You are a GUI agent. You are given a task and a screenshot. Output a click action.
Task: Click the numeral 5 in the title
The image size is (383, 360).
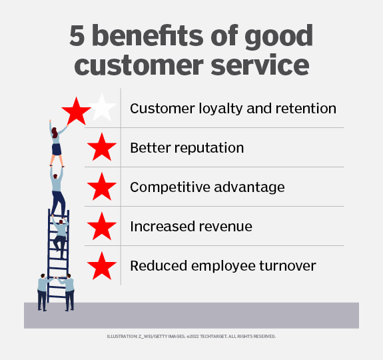tap(77, 36)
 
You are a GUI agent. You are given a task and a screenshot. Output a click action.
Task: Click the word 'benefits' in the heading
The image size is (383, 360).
tap(148, 35)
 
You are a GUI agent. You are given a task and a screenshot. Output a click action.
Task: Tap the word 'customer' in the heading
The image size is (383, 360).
tap(139, 65)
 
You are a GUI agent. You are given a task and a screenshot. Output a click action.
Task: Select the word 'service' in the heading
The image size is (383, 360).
tap(260, 65)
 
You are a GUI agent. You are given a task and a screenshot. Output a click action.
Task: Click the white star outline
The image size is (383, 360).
tap(102, 108)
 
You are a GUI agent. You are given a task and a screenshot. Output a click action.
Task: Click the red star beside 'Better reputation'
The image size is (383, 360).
tap(102, 147)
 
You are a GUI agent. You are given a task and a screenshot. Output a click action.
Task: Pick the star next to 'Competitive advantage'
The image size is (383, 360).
tap(102, 187)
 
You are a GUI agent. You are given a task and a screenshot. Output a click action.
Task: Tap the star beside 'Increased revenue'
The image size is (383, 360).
tap(102, 227)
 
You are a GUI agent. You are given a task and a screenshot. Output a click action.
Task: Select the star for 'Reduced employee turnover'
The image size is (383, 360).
tap(102, 267)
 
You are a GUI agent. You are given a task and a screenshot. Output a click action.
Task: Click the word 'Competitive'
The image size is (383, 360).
tap(170, 187)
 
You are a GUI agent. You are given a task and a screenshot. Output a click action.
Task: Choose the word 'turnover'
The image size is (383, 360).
tap(288, 266)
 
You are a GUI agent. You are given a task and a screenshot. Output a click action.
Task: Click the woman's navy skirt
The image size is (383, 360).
tap(57, 149)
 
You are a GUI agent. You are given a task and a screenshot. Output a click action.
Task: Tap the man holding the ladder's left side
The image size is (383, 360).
tap(43, 292)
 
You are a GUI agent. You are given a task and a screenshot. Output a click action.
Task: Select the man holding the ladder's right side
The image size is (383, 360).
tap(68, 292)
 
